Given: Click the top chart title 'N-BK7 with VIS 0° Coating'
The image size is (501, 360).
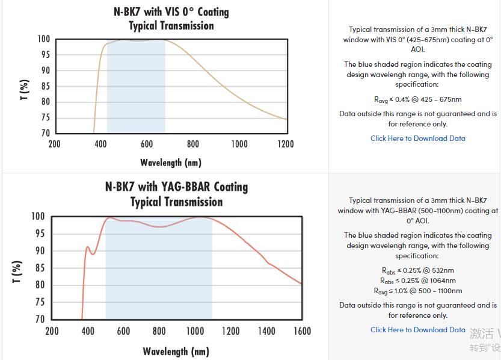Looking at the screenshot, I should pyautogui.click(x=171, y=12).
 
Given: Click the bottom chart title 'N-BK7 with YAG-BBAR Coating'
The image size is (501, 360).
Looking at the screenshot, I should pyautogui.click(x=176, y=187).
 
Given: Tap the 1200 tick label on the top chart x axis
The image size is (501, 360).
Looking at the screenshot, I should pyautogui.click(x=286, y=144).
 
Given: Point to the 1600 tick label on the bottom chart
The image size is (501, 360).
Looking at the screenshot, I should pyautogui.click(x=302, y=331).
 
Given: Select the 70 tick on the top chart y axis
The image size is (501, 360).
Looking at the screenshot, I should pyautogui.click(x=44, y=133).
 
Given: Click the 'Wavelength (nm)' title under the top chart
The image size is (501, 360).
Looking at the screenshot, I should pyautogui.click(x=171, y=163).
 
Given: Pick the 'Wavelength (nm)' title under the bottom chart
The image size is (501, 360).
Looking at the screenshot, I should pyautogui.click(x=176, y=352).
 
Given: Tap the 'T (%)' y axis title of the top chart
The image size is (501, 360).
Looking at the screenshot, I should pyautogui.click(x=25, y=89).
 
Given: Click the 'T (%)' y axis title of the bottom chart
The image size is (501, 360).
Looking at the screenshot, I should pyautogui.click(x=17, y=271).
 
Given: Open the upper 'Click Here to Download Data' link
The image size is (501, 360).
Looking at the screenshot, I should pyautogui.click(x=417, y=138).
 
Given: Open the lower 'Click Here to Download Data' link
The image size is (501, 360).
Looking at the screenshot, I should pyautogui.click(x=417, y=330).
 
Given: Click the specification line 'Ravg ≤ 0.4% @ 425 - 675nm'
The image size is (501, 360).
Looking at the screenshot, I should pyautogui.click(x=417, y=99).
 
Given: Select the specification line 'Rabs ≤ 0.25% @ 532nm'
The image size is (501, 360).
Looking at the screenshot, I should pyautogui.click(x=417, y=270).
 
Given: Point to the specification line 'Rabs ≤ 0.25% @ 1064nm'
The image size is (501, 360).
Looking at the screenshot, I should pyautogui.click(x=417, y=281).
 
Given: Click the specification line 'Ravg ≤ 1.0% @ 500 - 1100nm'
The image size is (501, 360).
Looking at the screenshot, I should pyautogui.click(x=417, y=291).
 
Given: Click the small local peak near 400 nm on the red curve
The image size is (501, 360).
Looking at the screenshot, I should pyautogui.click(x=87, y=246).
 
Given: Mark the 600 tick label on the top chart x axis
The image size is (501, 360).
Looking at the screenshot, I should pyautogui.click(x=147, y=144).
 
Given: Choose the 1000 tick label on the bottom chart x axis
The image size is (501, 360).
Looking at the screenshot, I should pyautogui.click(x=195, y=331).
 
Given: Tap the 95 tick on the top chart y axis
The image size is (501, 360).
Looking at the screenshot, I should pyautogui.click(x=44, y=55).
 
